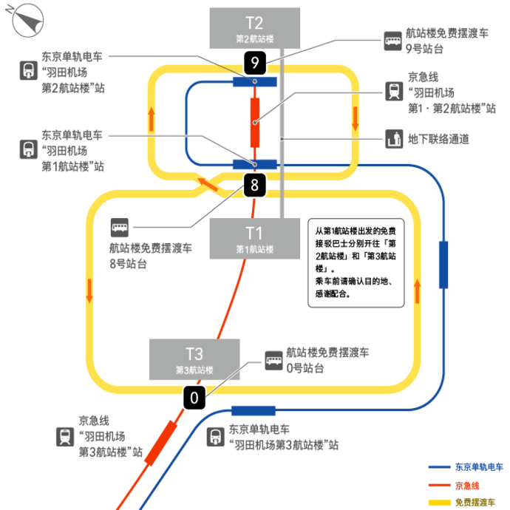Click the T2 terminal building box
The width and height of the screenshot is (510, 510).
pyautogui.click(x=255, y=28)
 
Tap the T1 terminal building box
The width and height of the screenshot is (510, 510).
pyautogui.click(x=255, y=239)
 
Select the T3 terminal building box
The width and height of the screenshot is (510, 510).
pyautogui.click(x=194, y=359)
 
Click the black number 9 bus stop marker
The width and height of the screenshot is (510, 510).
pyautogui.click(x=255, y=62)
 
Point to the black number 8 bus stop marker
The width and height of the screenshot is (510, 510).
pyautogui.click(x=255, y=185)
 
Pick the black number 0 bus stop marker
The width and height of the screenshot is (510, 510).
pyautogui.click(x=194, y=398)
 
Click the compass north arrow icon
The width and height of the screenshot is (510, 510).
pyautogui.click(x=26, y=19)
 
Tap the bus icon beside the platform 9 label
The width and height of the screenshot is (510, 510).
pyautogui.click(x=392, y=41)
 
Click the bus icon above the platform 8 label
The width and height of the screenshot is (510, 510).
pyautogui.click(x=120, y=228)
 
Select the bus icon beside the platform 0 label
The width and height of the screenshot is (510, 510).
pyautogui.click(x=273, y=361)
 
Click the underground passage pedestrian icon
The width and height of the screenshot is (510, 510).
pyautogui.click(x=394, y=139)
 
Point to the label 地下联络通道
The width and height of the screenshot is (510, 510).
pyautogui.click(x=438, y=139)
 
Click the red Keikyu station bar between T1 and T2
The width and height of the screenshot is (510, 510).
pyautogui.click(x=255, y=123)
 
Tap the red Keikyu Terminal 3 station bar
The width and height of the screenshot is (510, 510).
pyautogui.click(x=160, y=443)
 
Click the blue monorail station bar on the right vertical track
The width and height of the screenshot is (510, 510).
pyautogui.click(x=443, y=265)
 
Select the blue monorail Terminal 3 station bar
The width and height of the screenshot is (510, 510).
pyautogui.click(x=254, y=411)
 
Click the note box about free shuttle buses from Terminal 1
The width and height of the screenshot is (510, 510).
pyautogui.click(x=356, y=263)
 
